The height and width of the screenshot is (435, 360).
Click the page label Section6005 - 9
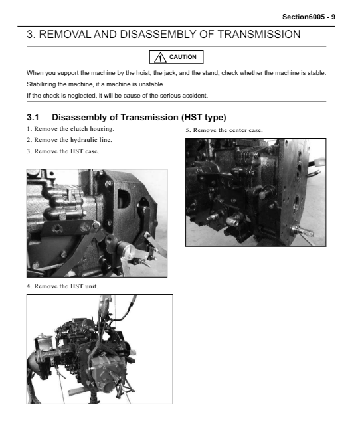pos(309,17)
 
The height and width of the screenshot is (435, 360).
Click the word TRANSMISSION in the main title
pos(258,35)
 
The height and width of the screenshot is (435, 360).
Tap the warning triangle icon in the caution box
pos(160,57)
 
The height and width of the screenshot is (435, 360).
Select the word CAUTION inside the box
pos(183,57)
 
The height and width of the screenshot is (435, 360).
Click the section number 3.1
pos(33,118)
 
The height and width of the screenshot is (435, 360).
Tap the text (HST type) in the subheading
pos(204,118)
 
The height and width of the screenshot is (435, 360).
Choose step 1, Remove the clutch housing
pos(70,129)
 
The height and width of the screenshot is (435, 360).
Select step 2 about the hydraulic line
pos(69,140)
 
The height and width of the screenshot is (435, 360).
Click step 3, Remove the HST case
pos(62,151)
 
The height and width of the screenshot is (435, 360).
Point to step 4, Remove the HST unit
pos(62,286)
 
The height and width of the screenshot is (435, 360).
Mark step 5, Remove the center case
pos(224,130)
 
